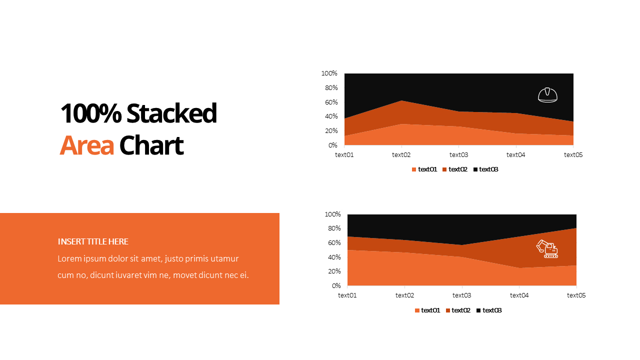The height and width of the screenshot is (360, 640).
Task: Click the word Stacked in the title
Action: pyautogui.click(x=171, y=113)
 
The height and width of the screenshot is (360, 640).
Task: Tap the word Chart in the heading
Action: pyautogui.click(x=151, y=145)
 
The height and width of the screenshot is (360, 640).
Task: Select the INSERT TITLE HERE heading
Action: pyautogui.click(x=93, y=241)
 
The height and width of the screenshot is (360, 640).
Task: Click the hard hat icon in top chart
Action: pyautogui.click(x=547, y=94)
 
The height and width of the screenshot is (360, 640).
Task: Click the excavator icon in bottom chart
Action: pyautogui.click(x=547, y=248)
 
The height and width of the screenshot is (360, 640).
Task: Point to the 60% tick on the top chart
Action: pyautogui.click(x=331, y=102)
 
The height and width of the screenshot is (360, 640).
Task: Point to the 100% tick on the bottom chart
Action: pyautogui.click(x=332, y=214)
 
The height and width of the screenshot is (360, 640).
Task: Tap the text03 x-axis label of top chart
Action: pyautogui.click(x=458, y=154)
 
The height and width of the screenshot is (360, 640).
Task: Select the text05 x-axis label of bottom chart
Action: pyautogui.click(x=576, y=295)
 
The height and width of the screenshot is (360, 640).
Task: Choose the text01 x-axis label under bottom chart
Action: pyautogui.click(x=347, y=295)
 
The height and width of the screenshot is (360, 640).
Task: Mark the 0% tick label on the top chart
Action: pyautogui.click(x=333, y=145)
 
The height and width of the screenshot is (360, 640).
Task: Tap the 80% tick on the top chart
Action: pyautogui.click(x=331, y=87)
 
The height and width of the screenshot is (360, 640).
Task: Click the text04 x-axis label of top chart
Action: pyautogui.click(x=516, y=154)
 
